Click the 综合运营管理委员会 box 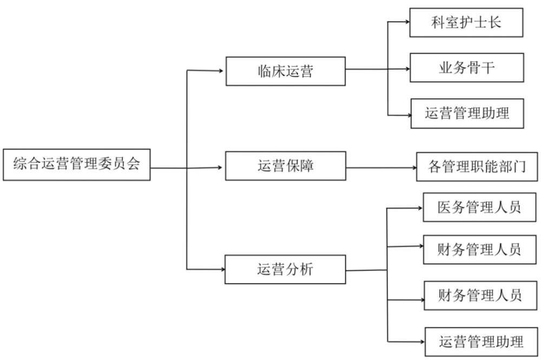[x=76, y=164]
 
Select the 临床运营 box [x=285, y=71]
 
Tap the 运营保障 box [x=285, y=166]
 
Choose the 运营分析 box [x=285, y=269]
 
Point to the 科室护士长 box [x=466, y=23]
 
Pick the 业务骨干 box [x=466, y=68]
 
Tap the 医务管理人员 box [x=479, y=207]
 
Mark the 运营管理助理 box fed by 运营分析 [x=481, y=342]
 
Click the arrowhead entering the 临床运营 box [x=221, y=70]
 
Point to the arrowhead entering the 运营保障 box [x=220, y=167]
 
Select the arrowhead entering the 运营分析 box [x=221, y=269]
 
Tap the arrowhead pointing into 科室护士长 [x=406, y=22]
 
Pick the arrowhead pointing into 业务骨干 [x=406, y=69]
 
